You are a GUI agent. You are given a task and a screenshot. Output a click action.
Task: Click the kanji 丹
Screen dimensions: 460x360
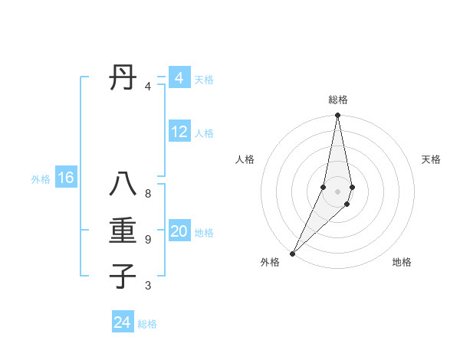click(x=123, y=78)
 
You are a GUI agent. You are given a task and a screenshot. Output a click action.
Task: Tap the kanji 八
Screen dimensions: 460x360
click(x=123, y=187)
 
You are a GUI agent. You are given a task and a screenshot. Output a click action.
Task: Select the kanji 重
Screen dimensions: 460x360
click(x=123, y=231)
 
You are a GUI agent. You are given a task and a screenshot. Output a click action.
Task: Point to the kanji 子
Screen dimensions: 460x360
click(x=123, y=276)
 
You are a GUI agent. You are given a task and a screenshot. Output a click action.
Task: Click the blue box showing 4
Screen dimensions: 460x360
click(x=179, y=78)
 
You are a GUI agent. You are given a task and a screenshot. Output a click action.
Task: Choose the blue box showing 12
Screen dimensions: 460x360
click(x=179, y=132)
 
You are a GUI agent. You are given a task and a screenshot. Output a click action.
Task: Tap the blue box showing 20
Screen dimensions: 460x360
click(x=179, y=231)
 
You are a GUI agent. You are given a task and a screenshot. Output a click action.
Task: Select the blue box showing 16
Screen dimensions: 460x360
click(x=65, y=178)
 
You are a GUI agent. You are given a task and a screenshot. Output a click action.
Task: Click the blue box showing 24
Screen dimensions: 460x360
click(x=122, y=322)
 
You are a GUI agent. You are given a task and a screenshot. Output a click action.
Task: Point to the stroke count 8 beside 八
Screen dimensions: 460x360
click(x=148, y=194)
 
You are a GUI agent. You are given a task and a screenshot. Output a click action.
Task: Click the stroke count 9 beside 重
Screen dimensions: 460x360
click(x=148, y=240)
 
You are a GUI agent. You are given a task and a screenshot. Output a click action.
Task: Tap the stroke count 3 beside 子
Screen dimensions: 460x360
click(x=148, y=286)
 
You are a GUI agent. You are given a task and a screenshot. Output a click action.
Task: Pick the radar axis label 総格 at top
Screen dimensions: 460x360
click(x=337, y=100)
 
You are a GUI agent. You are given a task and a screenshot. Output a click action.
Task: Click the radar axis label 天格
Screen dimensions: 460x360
click(x=431, y=159)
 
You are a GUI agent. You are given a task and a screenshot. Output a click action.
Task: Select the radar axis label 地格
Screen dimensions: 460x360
click(x=402, y=262)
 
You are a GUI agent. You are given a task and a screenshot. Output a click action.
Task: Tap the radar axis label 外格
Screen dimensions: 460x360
click(x=270, y=262)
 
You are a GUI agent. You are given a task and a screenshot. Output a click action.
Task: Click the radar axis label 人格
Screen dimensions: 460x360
click(x=245, y=159)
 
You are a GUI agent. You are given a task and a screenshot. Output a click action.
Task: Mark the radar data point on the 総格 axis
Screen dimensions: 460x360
click(x=337, y=116)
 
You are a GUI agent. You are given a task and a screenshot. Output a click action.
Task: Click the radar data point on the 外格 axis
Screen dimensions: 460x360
click(x=292, y=253)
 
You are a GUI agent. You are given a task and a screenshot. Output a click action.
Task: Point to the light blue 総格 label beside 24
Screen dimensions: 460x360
click(x=147, y=324)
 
